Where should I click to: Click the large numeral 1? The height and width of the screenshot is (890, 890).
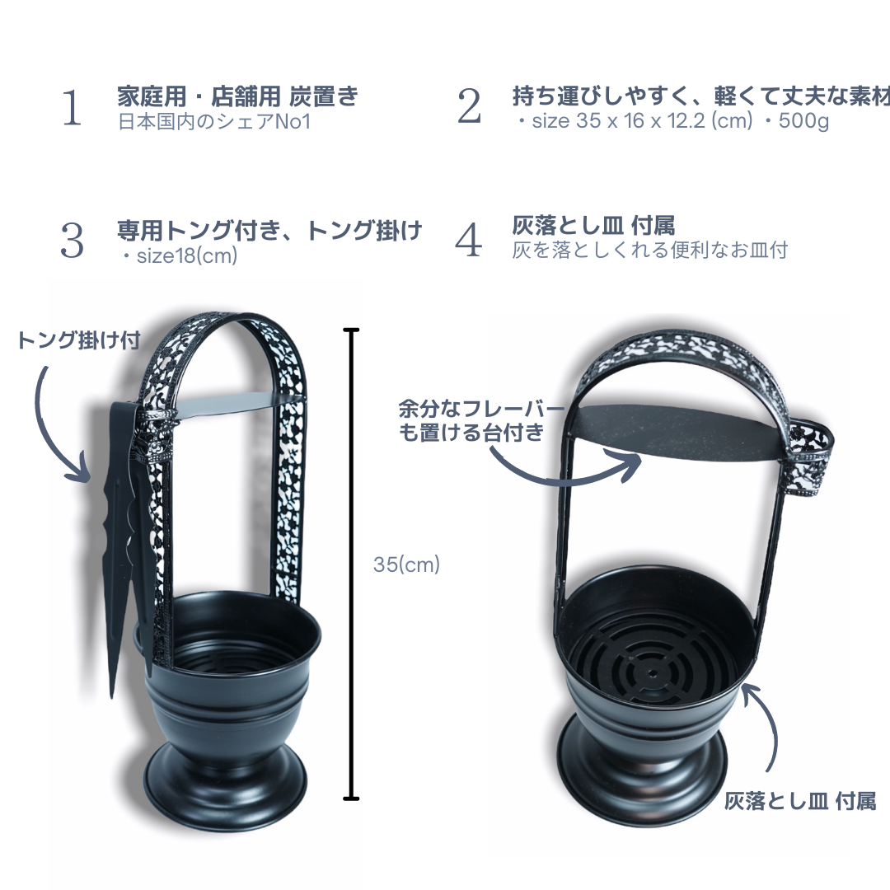(72, 107)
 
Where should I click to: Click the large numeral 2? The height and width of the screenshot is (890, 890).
(470, 106)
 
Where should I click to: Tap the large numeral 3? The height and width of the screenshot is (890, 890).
(72, 241)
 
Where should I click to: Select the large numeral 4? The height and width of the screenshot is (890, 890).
(469, 240)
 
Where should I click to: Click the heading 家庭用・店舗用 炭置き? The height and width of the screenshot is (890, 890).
(238, 96)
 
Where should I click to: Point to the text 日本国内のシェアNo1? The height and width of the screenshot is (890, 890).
(214, 122)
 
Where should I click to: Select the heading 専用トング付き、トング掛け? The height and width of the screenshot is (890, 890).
(269, 230)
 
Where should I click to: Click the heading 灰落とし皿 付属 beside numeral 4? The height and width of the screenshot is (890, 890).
(593, 225)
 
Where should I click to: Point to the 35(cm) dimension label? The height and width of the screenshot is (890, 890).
(406, 564)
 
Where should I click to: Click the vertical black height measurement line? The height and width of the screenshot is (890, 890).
(351, 564)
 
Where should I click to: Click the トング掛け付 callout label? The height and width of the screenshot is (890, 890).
(79, 340)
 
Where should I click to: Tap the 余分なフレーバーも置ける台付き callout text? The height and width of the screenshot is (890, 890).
(481, 420)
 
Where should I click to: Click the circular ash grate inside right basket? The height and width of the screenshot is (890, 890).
(652, 658)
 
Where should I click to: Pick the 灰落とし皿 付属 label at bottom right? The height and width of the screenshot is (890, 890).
(799, 802)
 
